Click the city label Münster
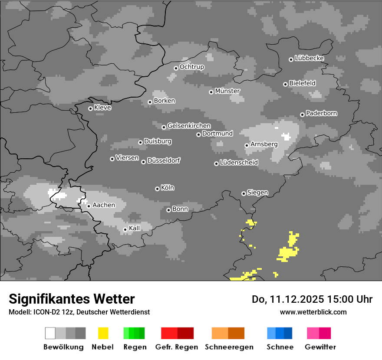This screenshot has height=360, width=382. [x=227, y=91]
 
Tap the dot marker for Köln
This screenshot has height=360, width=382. [x=157, y=189]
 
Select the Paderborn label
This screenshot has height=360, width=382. [x=321, y=114]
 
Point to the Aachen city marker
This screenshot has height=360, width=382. [x=89, y=206]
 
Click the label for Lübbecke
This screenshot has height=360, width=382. [x=309, y=58]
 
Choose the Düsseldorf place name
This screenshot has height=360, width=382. [x=164, y=160]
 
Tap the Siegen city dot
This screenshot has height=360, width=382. [x=244, y=193]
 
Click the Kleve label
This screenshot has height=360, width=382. [x=102, y=108]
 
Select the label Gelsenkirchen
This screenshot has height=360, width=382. [x=189, y=126]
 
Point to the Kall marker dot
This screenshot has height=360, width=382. [x=125, y=229]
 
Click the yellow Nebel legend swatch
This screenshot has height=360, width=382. [x=103, y=333]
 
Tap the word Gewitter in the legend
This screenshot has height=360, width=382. [x=320, y=347]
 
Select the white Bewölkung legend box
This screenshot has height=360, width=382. [x=50, y=333]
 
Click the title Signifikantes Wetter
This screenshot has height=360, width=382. [x=72, y=299]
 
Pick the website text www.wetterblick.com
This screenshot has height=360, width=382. [x=313, y=312]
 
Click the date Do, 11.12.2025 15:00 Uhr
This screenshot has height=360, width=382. [x=312, y=299]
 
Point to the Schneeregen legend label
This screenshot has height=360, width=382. [x=228, y=347]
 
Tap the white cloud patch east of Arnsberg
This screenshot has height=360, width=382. [x=286, y=137]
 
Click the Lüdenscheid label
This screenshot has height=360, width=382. [x=239, y=163]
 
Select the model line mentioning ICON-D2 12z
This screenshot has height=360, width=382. [x=79, y=312]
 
